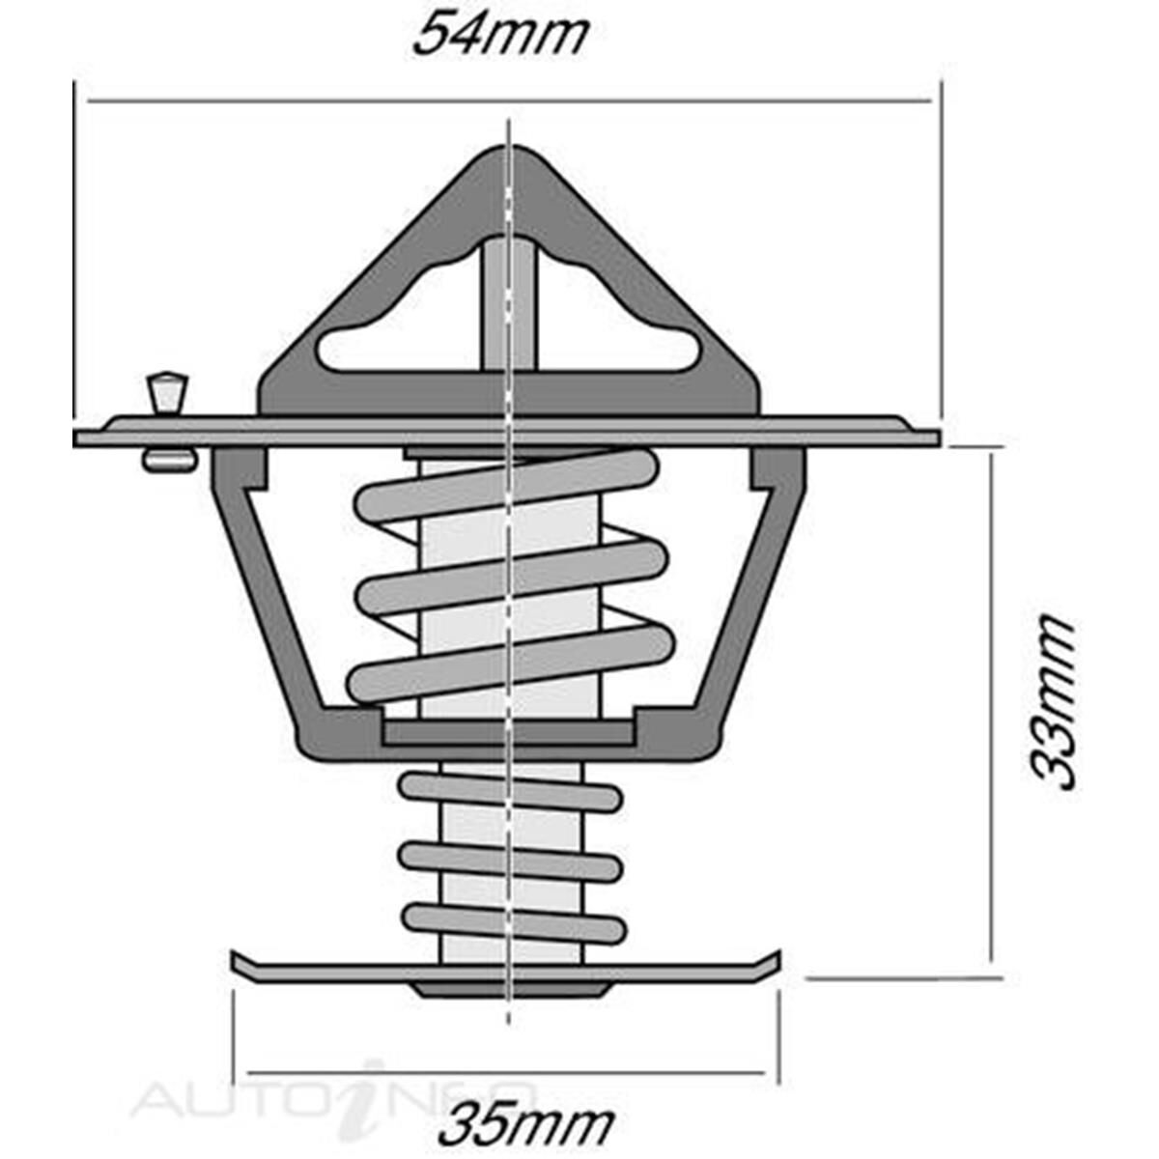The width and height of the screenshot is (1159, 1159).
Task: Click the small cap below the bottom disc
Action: tap(509, 990)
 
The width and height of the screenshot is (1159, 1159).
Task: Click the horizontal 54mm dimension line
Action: tap(290, 99)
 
